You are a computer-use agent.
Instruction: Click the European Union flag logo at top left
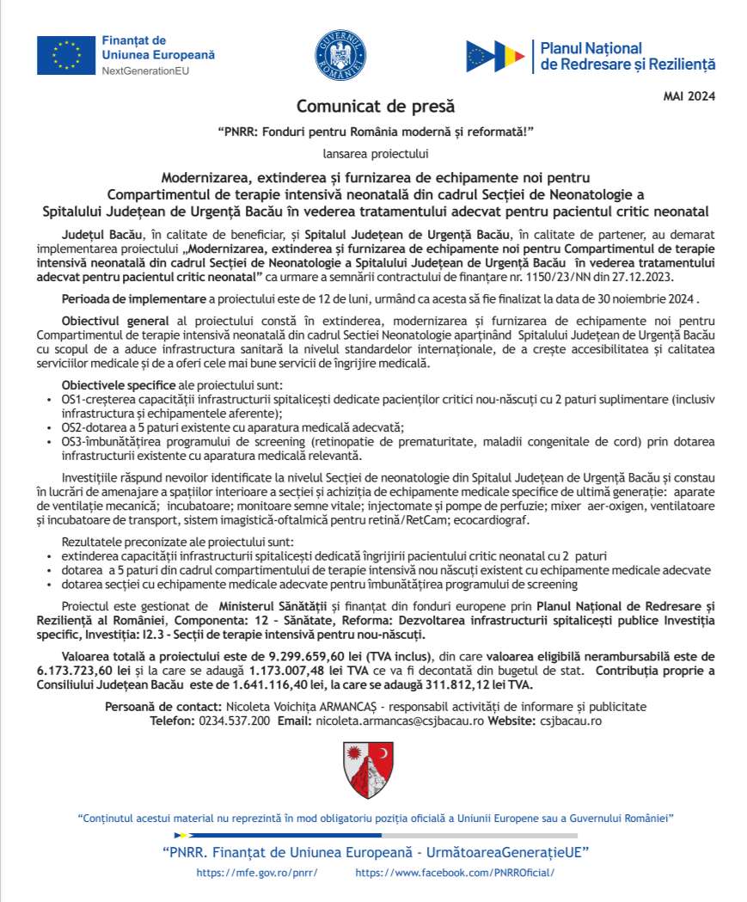pyautogui.click(x=65, y=56)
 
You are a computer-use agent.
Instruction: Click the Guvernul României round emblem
pyautogui.click(x=340, y=54)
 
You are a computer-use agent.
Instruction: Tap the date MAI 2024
pyautogui.click(x=689, y=95)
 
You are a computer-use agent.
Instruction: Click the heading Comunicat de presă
pyautogui.click(x=376, y=107)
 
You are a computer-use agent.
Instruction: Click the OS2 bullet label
pyautogui.click(x=77, y=427)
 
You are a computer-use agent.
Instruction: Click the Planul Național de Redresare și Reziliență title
pyautogui.click(x=628, y=56)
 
